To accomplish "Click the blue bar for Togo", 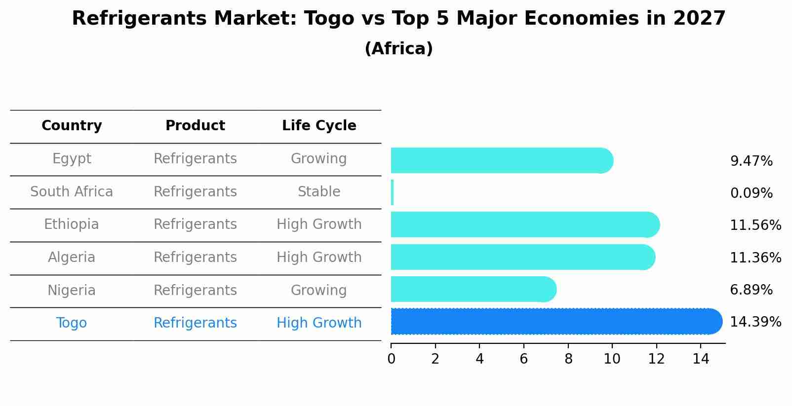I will point(553,321).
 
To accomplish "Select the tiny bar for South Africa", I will point(392,192).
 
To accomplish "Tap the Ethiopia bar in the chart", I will point(523,225).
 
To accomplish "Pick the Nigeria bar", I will point(472,289).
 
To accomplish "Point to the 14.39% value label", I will point(755,322).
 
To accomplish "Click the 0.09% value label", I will point(751,193).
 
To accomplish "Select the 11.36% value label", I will point(755,258).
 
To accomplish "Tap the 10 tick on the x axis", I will point(612,359).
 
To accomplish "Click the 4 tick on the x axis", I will point(479,359).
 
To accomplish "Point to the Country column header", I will point(72,126).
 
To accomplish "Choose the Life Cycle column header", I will point(319,126).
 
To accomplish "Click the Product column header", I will point(195,126).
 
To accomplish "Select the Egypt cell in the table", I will point(72,159).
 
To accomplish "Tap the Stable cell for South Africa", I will point(319,192).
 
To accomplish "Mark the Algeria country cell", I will point(72,258).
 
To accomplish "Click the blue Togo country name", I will point(72,323).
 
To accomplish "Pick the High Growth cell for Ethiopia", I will point(319,224).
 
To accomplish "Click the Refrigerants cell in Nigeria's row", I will point(195,291).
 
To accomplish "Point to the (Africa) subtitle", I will point(398,49).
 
